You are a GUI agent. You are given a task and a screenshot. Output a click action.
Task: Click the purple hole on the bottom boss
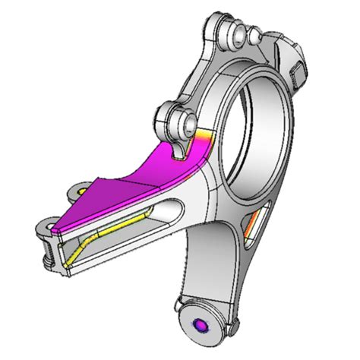point(201,325)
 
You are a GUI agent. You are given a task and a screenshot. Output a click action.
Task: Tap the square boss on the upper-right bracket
point(297,73)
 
